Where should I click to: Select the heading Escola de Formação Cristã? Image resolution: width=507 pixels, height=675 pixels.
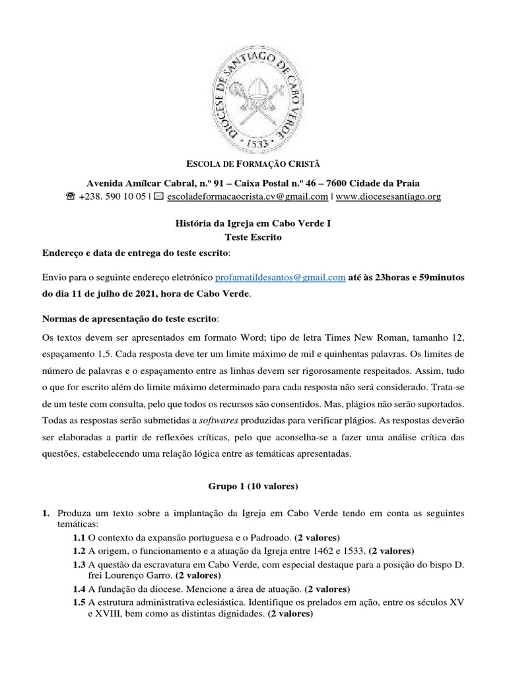pyautogui.click(x=253, y=163)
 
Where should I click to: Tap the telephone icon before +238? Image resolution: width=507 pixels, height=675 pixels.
pyautogui.click(x=71, y=196)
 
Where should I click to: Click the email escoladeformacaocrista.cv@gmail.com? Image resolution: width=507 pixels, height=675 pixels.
pyautogui.click(x=248, y=196)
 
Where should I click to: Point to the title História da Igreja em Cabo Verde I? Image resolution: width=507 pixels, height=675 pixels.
pyautogui.click(x=253, y=224)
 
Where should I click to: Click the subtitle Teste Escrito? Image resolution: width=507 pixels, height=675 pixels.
pyautogui.click(x=253, y=238)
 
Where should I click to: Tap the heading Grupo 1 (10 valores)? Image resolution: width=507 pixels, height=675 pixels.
pyautogui.click(x=253, y=486)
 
